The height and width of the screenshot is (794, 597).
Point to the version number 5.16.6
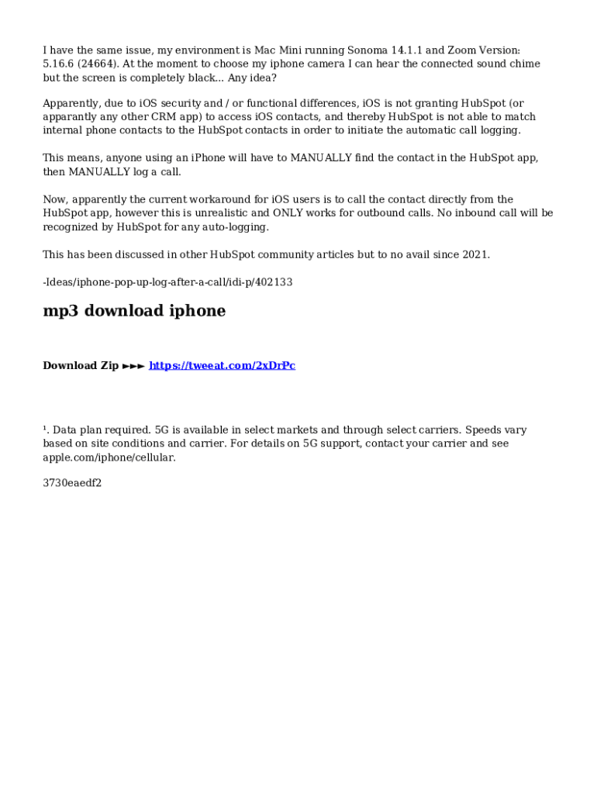pos(57,64)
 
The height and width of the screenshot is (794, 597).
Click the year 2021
pos(475,254)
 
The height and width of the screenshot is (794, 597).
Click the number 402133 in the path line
pos(274,282)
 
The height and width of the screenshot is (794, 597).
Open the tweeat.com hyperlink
pos(222,365)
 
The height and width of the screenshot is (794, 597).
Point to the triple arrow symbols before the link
pos(133,365)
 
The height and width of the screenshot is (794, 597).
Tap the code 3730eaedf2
pos(72,483)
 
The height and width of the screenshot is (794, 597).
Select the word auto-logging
pos(236,226)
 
